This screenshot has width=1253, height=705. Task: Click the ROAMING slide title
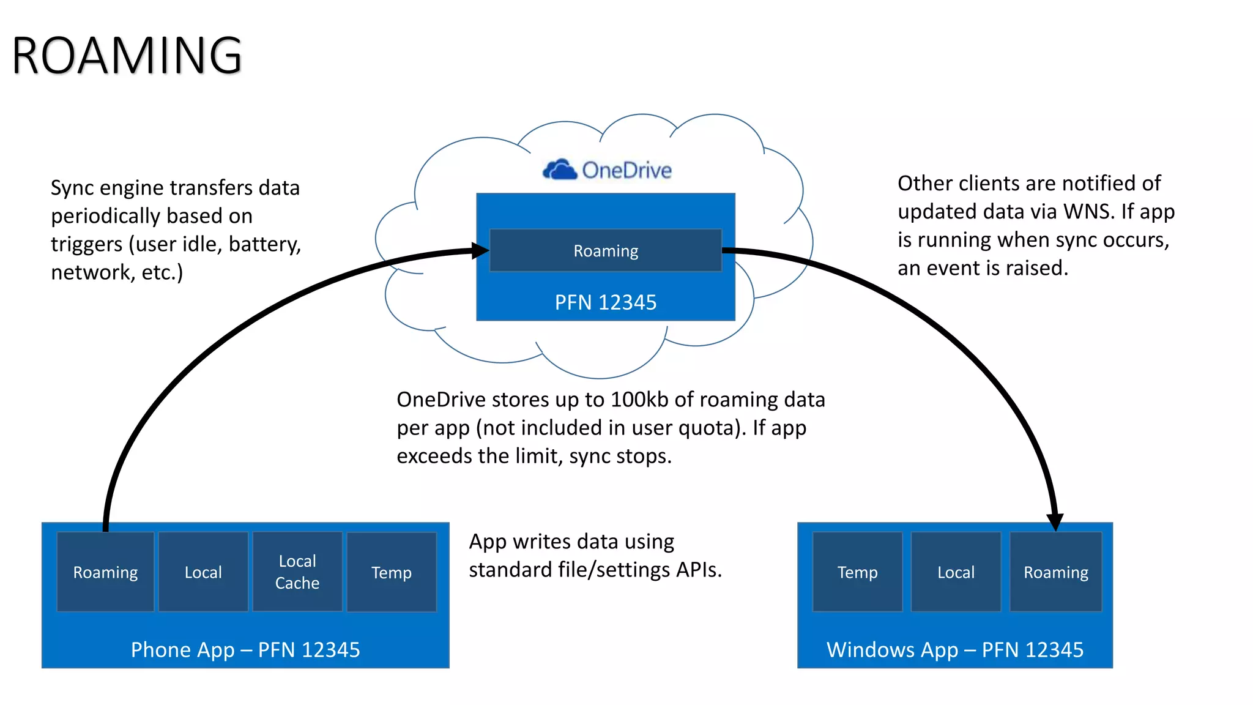tap(127, 56)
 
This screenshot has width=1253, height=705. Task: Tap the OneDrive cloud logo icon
tap(560, 170)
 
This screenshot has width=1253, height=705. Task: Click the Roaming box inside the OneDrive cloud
tap(605, 250)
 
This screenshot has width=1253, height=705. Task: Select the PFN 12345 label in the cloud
tap(605, 302)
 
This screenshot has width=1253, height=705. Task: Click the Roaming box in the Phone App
tap(105, 572)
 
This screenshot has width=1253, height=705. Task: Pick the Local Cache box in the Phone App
tap(297, 572)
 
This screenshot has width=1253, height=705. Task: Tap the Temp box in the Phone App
tap(392, 572)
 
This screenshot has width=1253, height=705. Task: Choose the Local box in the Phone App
tap(203, 572)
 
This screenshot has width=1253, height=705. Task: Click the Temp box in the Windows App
tap(857, 572)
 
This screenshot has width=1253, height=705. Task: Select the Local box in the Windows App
tap(956, 572)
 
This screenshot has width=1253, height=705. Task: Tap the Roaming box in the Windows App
tap(1056, 572)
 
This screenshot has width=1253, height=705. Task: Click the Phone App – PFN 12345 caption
tap(245, 649)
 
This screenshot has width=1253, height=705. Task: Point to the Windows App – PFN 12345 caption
tap(955, 649)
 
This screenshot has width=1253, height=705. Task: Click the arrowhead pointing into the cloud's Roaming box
tap(481, 250)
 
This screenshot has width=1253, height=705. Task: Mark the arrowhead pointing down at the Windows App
tap(1055, 521)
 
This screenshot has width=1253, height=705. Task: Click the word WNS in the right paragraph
tap(1087, 211)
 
